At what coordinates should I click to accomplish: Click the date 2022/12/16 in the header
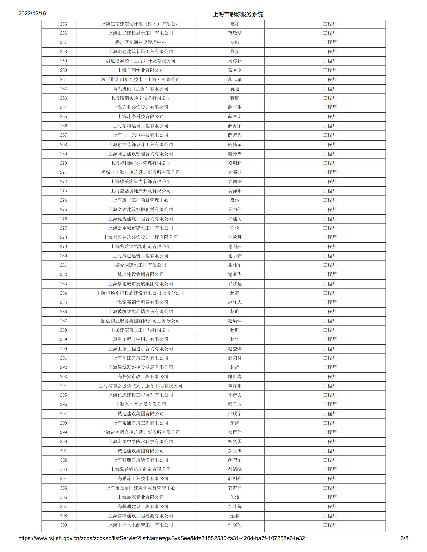click(x=32, y=13)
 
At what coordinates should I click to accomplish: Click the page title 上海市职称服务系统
click(x=238, y=14)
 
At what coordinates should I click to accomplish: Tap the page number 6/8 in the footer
click(x=404, y=538)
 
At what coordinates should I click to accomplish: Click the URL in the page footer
click(x=162, y=538)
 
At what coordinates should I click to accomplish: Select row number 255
click(x=63, y=24)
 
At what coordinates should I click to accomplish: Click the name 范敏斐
click(x=235, y=33)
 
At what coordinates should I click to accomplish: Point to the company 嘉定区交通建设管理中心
click(x=140, y=42)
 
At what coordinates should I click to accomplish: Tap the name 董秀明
click(x=235, y=70)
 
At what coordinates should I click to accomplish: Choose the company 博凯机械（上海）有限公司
click(x=140, y=89)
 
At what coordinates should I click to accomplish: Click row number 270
click(x=63, y=163)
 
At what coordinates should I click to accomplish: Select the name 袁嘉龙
click(x=235, y=172)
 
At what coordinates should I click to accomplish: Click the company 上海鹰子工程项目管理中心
click(x=140, y=200)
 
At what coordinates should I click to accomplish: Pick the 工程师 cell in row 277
click(x=330, y=228)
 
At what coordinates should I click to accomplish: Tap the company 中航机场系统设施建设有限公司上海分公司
click(x=140, y=293)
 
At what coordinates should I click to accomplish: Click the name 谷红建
click(x=235, y=284)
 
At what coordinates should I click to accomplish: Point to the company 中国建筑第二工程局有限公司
click(x=140, y=330)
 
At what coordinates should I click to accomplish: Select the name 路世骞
click(x=235, y=377)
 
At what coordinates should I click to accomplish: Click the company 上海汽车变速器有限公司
click(x=140, y=404)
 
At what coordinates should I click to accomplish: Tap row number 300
click(x=63, y=442)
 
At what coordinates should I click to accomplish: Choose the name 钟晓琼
click(x=235, y=525)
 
